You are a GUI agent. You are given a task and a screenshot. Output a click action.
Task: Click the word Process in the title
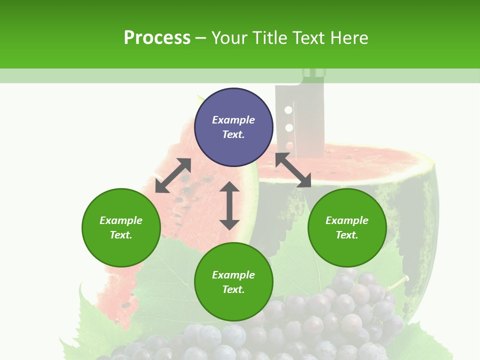pos(157,38)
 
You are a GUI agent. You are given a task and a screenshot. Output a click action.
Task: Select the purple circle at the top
pos(233,127)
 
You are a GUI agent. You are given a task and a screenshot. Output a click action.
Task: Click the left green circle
pos(121,227)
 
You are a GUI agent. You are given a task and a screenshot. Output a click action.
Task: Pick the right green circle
pos(347,227)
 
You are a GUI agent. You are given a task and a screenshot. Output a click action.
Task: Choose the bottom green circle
pos(233,282)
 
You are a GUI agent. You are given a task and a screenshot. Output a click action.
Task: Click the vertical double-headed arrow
pos(229,205)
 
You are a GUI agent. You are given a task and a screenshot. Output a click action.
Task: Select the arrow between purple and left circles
pos(173,175)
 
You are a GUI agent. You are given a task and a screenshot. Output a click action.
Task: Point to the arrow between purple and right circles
pos(293,170)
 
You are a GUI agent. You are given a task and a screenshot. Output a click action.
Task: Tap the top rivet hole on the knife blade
pos(288,109)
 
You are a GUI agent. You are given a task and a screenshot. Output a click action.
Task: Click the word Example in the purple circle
pos(233,120)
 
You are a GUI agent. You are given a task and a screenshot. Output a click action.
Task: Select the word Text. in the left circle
pos(121,235)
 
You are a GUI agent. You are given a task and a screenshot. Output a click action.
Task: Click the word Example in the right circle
pos(347,220)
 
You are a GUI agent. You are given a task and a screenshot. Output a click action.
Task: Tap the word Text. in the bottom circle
pos(233,289)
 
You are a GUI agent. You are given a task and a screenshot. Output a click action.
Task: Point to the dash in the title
pos(200,38)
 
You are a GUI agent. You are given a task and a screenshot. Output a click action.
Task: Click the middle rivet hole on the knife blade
pos(288,127)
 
